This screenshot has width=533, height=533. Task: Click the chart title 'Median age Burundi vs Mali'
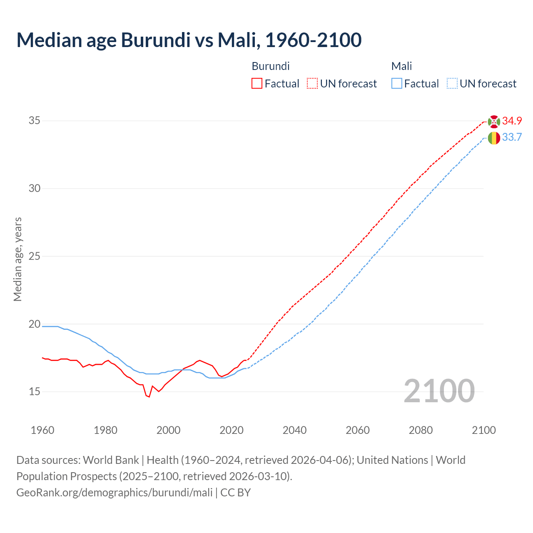point(189,40)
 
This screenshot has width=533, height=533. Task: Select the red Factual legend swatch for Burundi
point(257,84)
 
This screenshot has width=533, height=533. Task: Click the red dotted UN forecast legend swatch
point(312,84)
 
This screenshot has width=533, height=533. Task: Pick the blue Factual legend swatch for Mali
point(397,84)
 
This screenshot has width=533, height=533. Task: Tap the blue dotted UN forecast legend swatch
point(452,84)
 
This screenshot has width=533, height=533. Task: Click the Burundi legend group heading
point(271,66)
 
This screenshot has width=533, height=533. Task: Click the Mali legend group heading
point(401,66)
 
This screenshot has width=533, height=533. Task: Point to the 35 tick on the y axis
point(35,121)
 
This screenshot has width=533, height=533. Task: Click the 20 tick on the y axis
point(35,324)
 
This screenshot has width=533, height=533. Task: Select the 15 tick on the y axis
point(35,392)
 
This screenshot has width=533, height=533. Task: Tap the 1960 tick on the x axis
point(42,430)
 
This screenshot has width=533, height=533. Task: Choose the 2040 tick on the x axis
point(294,430)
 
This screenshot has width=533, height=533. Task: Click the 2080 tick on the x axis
point(421,430)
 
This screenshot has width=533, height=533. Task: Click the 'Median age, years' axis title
point(17,259)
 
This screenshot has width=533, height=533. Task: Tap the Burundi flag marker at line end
point(494,121)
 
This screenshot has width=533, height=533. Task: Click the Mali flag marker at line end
point(494,138)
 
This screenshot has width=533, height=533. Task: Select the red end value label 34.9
point(512,121)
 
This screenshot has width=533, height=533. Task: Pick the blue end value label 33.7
point(512,137)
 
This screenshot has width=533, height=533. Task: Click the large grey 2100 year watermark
point(439,391)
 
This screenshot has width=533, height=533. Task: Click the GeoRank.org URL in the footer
point(115,493)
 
